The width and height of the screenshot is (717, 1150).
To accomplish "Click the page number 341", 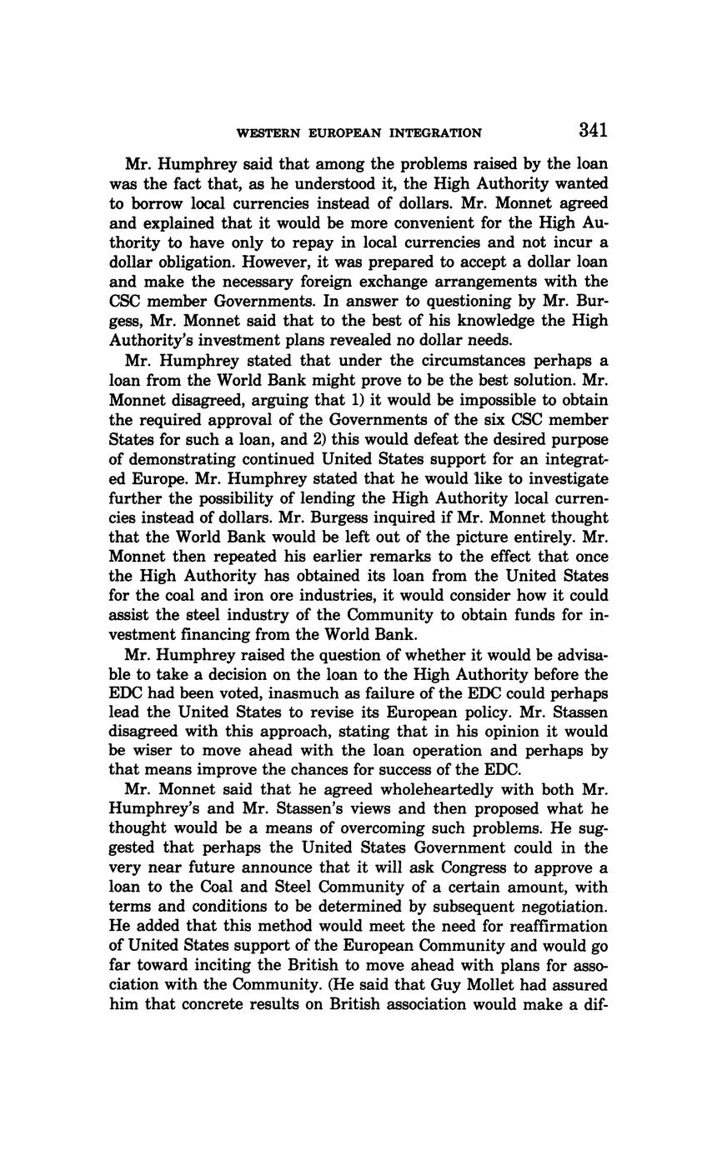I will [591, 130].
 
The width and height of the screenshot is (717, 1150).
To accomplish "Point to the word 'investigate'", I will [564, 478].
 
